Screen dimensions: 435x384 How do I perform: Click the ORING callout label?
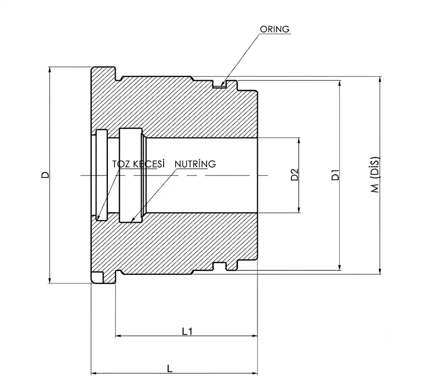[275, 29]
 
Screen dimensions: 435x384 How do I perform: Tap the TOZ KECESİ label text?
[138, 164]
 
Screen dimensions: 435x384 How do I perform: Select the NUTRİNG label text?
[195, 164]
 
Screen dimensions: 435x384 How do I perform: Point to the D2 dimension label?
[295, 175]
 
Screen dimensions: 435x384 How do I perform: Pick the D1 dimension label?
[336, 175]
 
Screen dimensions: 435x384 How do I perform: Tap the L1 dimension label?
[187, 331]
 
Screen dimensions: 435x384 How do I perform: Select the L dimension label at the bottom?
[170, 369]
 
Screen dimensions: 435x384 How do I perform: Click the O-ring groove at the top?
[220, 84]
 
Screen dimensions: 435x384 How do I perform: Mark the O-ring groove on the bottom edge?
[220, 266]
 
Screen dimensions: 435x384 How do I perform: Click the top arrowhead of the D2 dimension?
[299, 141]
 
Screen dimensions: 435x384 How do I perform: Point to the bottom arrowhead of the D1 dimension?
[339, 267]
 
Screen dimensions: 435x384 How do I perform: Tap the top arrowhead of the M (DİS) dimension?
[380, 80]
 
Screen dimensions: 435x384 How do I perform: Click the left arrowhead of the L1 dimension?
[119, 336]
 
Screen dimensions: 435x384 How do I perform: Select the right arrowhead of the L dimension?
[254, 374]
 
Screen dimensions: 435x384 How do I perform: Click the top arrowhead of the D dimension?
[50, 70]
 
